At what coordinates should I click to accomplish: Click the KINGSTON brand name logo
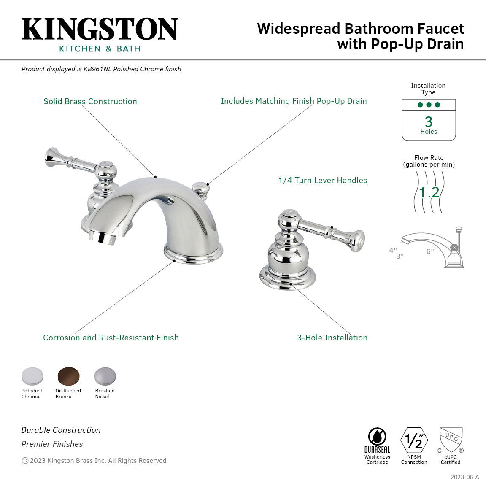tap(100, 29)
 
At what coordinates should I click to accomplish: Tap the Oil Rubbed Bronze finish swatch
tap(68, 375)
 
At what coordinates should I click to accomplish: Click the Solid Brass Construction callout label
tap(90, 101)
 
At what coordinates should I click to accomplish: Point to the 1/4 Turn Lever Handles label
tap(322, 180)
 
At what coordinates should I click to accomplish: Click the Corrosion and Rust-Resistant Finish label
tap(111, 337)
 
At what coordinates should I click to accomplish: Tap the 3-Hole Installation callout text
tap(332, 337)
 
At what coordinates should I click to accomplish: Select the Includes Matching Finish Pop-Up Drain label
tap(294, 101)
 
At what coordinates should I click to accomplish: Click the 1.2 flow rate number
tap(429, 192)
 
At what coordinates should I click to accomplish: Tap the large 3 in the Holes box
tap(429, 122)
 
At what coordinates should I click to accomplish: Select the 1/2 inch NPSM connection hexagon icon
tap(414, 440)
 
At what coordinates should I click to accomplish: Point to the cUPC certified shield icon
tap(451, 439)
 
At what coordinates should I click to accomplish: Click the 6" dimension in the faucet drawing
tap(429, 251)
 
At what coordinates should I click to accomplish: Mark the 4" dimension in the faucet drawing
tap(392, 250)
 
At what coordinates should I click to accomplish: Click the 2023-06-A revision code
tap(464, 477)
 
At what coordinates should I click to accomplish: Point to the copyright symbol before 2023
tap(25, 461)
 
